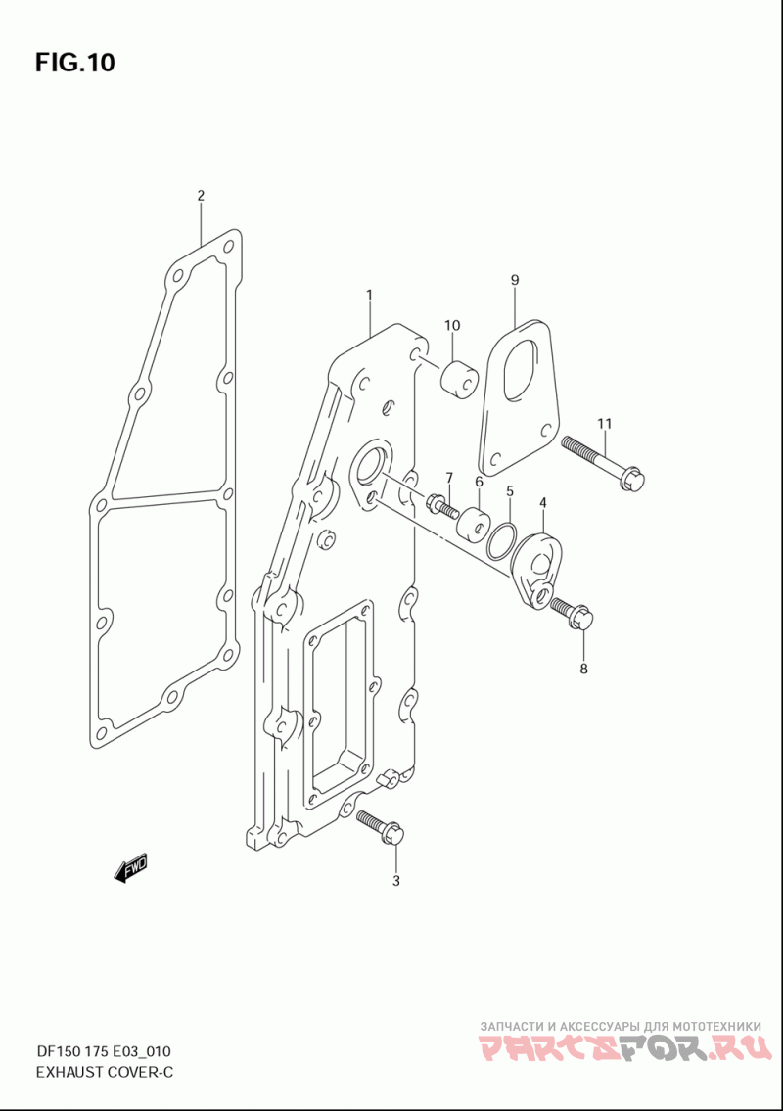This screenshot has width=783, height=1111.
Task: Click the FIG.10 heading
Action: tap(74, 63)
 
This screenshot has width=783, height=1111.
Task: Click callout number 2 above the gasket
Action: tap(201, 195)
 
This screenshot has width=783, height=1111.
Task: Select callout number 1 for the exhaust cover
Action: tap(369, 294)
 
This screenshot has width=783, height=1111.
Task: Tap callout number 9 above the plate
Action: tap(515, 280)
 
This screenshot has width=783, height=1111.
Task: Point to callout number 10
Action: tap(452, 325)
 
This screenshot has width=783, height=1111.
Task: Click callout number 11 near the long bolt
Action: tap(604, 424)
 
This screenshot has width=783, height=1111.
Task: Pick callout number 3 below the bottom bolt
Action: tap(396, 881)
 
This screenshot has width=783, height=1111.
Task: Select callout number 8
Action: tap(584, 669)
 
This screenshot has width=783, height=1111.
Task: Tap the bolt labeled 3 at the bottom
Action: tap(381, 827)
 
